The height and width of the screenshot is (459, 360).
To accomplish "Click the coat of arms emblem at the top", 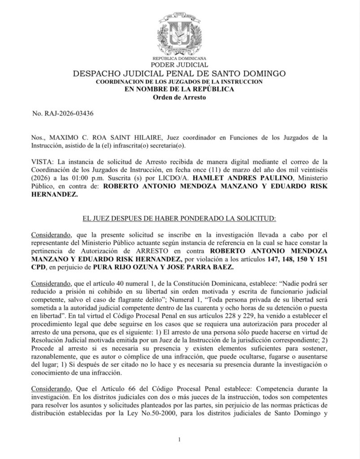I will [179, 34].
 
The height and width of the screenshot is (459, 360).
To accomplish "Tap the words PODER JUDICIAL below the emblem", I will [179, 65].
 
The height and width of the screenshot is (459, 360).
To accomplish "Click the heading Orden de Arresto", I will [179, 97].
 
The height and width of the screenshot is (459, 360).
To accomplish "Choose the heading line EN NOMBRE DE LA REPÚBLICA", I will [179, 89].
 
